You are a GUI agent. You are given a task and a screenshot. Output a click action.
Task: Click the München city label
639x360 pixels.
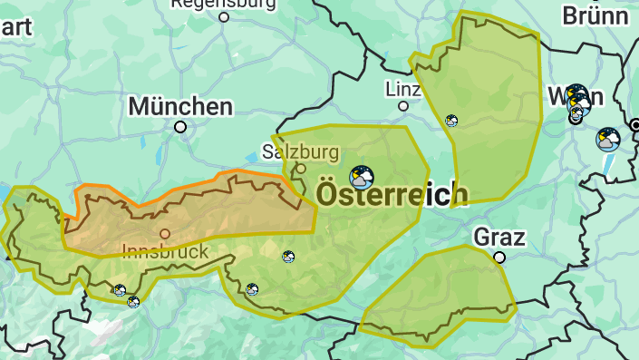click(x=179, y=106)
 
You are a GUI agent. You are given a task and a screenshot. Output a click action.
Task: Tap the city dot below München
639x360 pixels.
click(x=180, y=127)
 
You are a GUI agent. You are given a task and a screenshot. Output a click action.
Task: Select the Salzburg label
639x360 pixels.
click(x=301, y=151)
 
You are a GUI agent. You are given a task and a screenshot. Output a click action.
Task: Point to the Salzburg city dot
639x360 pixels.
click(x=301, y=168)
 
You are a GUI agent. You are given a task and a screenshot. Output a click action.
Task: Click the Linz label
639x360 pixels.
click(x=403, y=89)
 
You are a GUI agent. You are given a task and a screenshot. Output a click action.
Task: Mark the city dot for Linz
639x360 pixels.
click(x=403, y=106)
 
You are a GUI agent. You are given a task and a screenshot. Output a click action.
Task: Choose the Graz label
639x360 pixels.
click(x=499, y=238)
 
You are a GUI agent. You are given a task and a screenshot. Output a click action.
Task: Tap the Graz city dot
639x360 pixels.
click(x=499, y=258)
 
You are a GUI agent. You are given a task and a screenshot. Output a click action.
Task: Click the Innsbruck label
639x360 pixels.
click(x=165, y=251)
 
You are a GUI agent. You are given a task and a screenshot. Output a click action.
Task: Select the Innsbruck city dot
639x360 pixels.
click(x=165, y=234)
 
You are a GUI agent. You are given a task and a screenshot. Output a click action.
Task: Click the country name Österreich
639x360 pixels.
click(x=392, y=193)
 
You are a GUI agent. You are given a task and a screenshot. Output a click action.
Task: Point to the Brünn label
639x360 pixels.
click(x=595, y=15)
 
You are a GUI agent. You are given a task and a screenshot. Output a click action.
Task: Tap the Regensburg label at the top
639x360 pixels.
click(x=224, y=3)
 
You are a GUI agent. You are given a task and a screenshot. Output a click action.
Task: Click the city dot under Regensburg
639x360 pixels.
click(x=224, y=16)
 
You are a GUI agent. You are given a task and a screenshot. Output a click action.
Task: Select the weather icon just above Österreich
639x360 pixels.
click(x=362, y=176)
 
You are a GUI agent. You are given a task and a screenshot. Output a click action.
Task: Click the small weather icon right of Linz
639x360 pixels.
click(x=451, y=121)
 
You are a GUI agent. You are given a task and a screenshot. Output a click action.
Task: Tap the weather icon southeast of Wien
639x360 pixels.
click(x=607, y=140)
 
